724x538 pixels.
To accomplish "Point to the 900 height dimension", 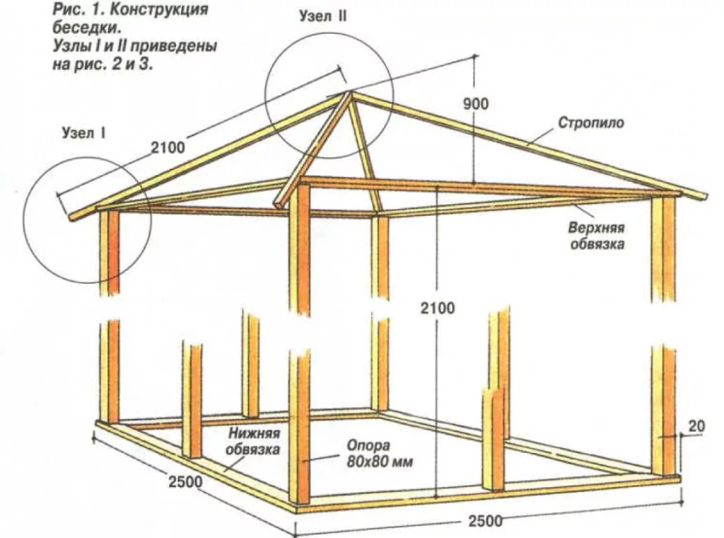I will [x=476, y=103].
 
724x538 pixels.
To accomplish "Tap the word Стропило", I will [x=591, y=122].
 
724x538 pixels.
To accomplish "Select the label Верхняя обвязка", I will [x=596, y=237].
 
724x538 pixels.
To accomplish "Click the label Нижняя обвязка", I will [x=254, y=441].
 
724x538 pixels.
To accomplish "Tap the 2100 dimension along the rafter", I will [x=167, y=148].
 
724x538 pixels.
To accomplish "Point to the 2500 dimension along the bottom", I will [x=485, y=522].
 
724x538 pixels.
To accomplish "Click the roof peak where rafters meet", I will [x=346, y=93].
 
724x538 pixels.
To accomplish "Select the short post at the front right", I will [x=493, y=439].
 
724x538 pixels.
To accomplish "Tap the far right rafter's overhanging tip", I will [x=701, y=196].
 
